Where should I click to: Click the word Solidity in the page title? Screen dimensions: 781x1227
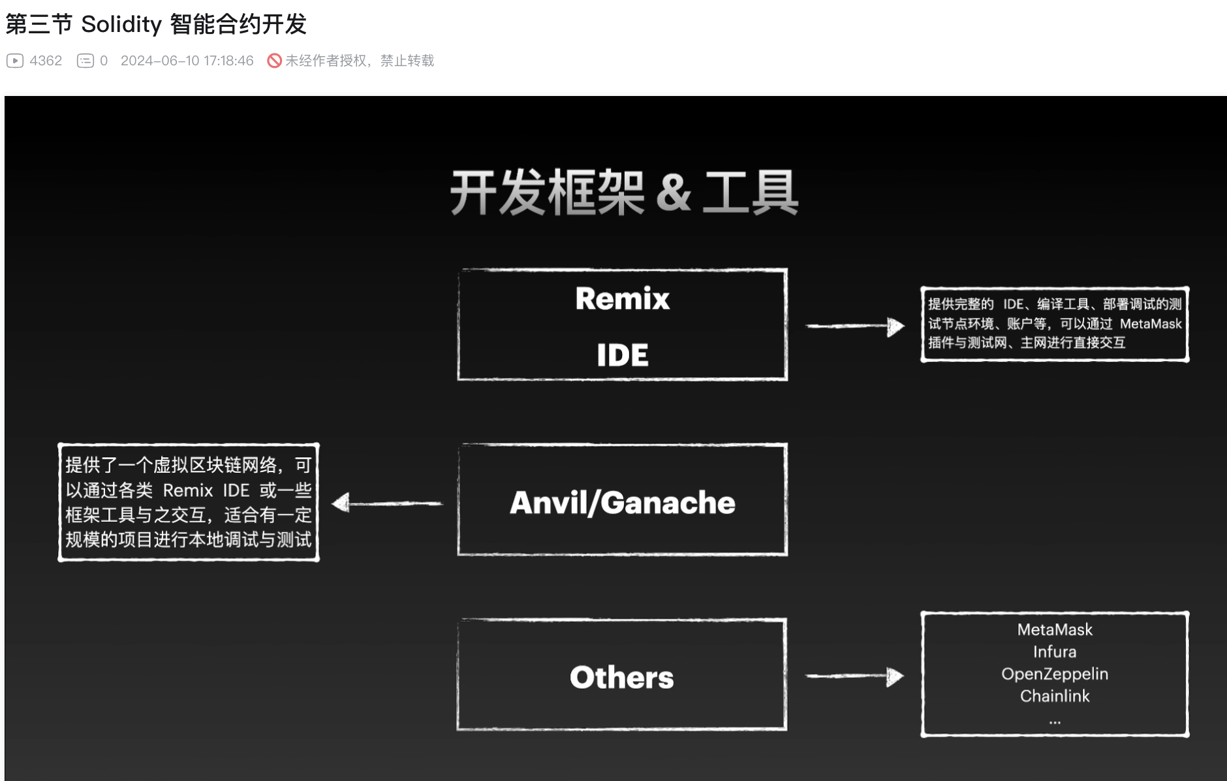[121, 25]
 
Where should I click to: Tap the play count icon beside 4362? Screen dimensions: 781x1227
[15, 61]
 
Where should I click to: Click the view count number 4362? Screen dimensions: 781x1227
[46, 61]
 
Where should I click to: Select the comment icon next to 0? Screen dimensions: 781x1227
[85, 61]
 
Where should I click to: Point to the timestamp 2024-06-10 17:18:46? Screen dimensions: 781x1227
[187, 61]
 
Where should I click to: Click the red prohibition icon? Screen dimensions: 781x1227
[274, 61]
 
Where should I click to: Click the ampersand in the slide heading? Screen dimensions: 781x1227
[673, 192]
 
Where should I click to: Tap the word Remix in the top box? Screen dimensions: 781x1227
[622, 298]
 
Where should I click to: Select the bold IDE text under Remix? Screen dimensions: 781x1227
[622, 355]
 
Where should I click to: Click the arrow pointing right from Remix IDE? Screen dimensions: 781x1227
[855, 326]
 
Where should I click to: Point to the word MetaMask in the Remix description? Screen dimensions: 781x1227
[1150, 324]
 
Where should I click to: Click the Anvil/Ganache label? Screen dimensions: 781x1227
[622, 502]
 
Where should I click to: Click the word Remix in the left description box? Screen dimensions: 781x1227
[188, 490]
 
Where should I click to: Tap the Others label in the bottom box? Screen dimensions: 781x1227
[621, 677]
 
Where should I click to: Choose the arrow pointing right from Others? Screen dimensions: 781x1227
[854, 676]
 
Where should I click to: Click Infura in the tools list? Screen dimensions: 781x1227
[1055, 652]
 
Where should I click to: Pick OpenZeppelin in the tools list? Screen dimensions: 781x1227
[1055, 674]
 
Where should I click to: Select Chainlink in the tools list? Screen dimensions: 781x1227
[1055, 696]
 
